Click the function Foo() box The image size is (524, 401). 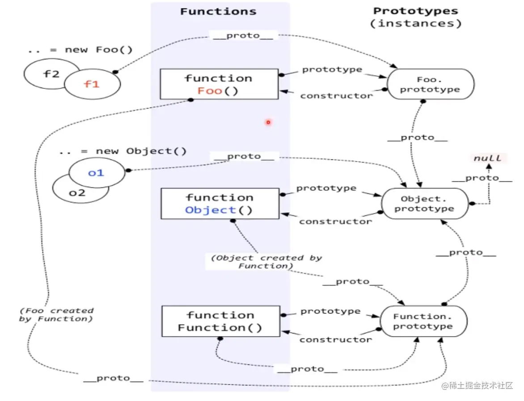pos(219,84)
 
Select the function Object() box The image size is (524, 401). pos(219,204)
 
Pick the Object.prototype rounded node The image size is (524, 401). pos(424,204)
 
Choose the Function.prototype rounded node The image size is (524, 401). pos(423,322)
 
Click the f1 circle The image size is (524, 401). pos(92,84)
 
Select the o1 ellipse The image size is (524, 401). pos(96,172)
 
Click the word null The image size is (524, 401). pos(487,158)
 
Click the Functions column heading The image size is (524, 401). pos(218,12)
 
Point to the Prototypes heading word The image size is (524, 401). pos(416,11)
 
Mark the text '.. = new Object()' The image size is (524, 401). pos(123,151)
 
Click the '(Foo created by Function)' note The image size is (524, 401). pos(56,314)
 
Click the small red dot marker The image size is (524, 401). pos(268,122)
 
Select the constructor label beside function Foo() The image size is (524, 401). pos(336,96)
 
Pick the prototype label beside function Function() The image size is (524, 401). pos(330,311)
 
